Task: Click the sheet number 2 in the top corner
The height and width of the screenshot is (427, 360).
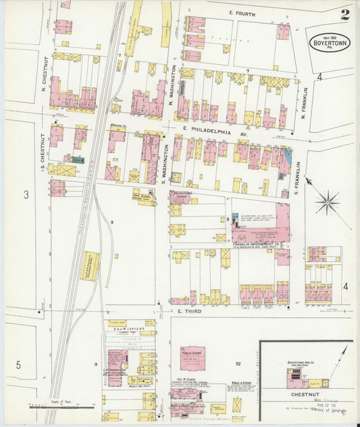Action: click(345, 15)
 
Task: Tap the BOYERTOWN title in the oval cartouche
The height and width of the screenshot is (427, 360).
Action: click(328, 43)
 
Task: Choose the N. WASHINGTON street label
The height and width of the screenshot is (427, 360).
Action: click(174, 84)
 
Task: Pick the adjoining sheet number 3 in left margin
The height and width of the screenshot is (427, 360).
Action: click(26, 195)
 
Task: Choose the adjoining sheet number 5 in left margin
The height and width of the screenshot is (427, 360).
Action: click(18, 365)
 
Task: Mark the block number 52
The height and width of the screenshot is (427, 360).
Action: click(238, 363)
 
